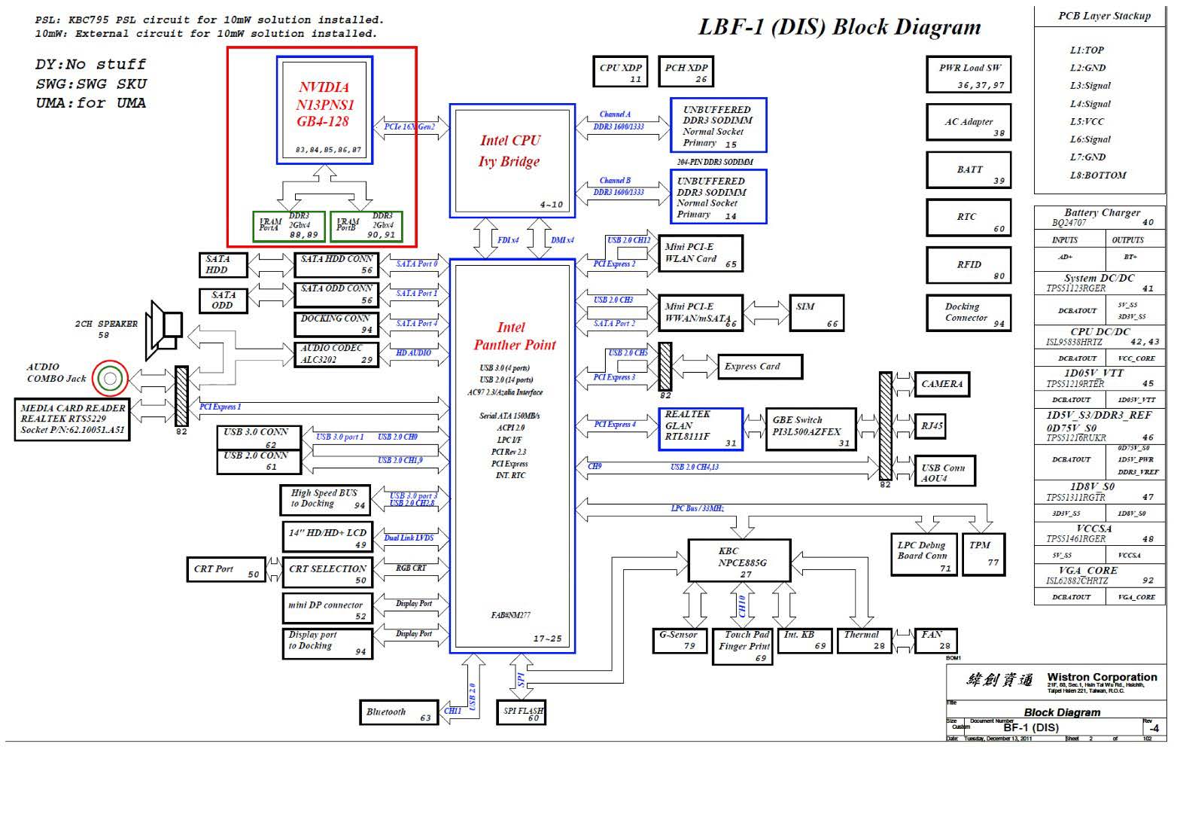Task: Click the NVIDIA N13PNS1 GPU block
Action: coord(324,109)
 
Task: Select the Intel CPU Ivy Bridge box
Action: coord(512,160)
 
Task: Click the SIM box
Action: coord(816,312)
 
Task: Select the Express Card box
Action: coord(759,367)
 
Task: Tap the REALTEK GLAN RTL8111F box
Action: coord(701,429)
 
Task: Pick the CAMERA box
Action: coord(941,384)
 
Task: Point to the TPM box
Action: coord(983,553)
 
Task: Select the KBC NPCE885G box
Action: coord(739,561)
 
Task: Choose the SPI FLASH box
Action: coord(521,712)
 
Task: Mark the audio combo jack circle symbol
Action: coord(110,378)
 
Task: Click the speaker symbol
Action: coord(165,329)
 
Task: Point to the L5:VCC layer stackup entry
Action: coord(1087,121)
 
